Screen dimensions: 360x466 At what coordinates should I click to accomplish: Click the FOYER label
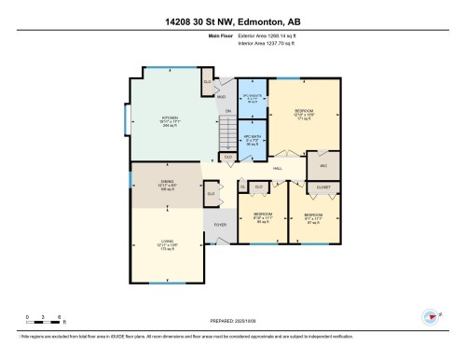pos(220,225)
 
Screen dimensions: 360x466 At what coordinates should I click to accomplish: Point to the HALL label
pos(277,168)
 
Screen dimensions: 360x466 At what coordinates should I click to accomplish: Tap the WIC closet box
pos(323,166)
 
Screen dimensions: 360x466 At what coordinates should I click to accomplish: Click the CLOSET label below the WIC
pos(323,187)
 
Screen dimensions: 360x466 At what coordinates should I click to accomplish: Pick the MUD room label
pos(222,97)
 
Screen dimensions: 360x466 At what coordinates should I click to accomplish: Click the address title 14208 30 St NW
pos(232,21)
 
